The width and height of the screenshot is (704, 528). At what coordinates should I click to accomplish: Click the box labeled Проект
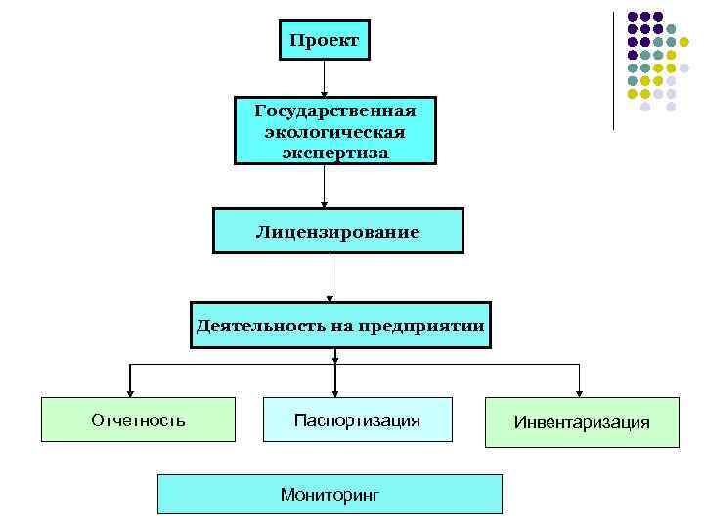324,40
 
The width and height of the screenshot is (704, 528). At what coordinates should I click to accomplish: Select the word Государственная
334,110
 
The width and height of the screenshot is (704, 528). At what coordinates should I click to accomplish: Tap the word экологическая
334,131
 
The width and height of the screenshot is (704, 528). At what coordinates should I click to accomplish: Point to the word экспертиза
334,153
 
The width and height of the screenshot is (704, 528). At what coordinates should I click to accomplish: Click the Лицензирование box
337,232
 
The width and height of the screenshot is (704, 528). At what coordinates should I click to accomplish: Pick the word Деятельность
246,325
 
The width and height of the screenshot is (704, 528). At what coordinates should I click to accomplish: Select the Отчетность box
138,419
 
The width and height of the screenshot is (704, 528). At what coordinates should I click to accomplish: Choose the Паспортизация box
357,419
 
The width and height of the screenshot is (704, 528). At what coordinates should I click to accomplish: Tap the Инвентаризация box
582,422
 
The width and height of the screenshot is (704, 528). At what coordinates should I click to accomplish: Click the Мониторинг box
330,495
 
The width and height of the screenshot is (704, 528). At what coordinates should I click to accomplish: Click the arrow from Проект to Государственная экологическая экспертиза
324,78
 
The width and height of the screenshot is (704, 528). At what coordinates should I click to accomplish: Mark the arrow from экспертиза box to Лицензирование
324,186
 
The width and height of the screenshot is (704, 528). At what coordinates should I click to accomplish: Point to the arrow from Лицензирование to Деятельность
330,278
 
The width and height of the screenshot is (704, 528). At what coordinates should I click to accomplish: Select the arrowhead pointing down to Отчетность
129,391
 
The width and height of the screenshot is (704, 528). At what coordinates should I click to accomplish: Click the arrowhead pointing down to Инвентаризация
580,391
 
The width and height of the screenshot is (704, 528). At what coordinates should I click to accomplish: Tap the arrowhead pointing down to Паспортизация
335,390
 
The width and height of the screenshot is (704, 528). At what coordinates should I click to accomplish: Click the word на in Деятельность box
340,325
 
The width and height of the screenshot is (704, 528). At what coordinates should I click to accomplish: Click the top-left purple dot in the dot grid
633,17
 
